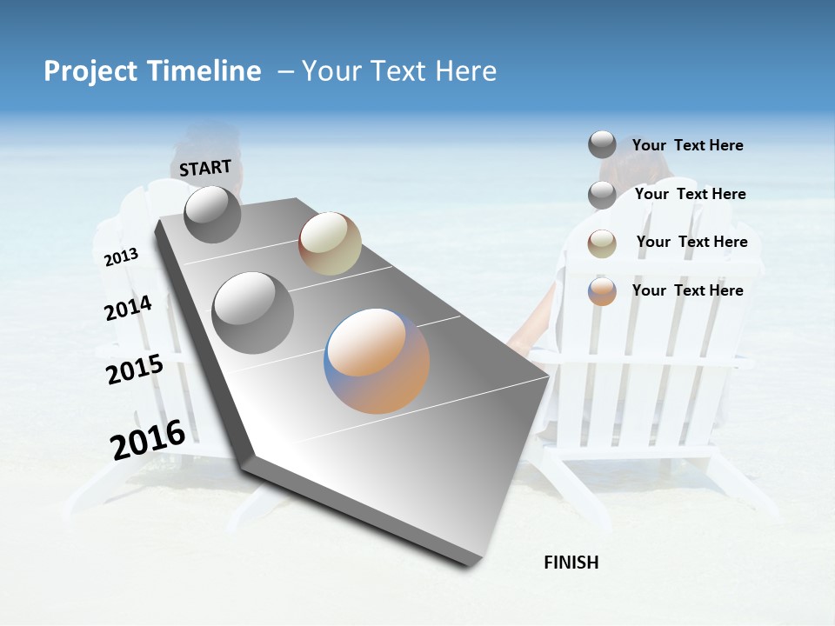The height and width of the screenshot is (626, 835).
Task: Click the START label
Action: coord(205,168)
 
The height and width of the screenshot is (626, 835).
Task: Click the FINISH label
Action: coord(571,563)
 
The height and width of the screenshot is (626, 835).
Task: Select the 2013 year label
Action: coord(121,257)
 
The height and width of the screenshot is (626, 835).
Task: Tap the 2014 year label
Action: coord(128,309)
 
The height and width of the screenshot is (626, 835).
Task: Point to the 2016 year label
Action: coord(148,440)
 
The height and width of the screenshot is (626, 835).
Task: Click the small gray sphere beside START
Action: coord(212,214)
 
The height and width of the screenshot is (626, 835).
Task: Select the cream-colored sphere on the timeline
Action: coord(330,243)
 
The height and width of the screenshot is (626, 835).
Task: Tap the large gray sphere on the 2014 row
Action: coord(252,313)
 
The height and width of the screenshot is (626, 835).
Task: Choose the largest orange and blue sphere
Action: coord(377,361)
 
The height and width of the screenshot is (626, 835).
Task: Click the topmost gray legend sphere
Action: coord(602,145)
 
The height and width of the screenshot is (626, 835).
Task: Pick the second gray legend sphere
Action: coord(602,195)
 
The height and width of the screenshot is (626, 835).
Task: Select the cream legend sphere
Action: coord(602,243)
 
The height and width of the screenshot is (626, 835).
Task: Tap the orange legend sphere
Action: coord(602,291)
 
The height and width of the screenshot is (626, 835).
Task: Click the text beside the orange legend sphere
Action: coord(687,290)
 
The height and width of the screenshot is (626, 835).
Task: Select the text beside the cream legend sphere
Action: coord(691,242)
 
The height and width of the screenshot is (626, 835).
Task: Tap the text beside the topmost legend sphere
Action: coord(687,145)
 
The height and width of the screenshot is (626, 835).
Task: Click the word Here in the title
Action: coord(464,71)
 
